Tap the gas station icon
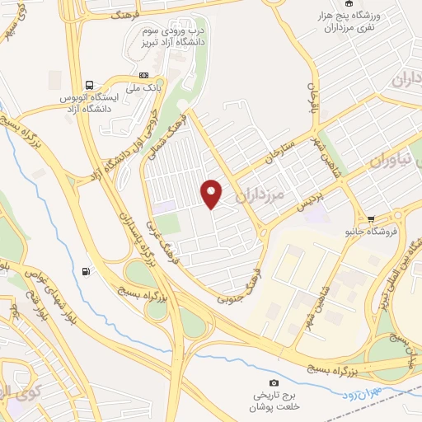point(87,272)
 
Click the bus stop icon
point(89,84)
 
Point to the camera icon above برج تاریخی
point(275,382)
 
